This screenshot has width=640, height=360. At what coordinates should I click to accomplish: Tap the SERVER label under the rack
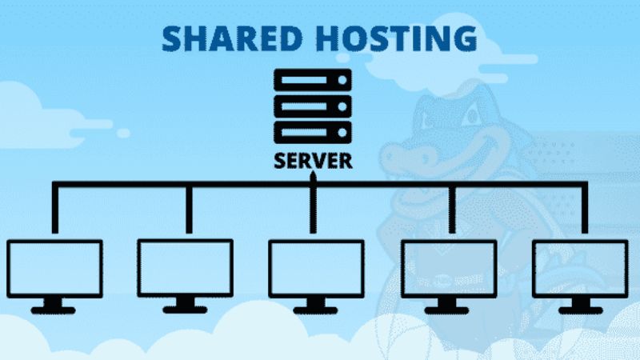point(312,160)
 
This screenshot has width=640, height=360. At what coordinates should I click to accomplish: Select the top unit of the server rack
point(312,80)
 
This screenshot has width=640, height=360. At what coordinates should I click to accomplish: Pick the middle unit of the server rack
point(312,105)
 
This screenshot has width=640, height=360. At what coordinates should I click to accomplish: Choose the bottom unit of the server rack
point(312,130)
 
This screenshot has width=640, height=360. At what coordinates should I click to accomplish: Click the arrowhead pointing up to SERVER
point(313,177)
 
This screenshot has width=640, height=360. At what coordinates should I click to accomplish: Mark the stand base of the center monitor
point(313,309)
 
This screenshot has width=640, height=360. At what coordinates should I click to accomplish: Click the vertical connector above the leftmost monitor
point(54,210)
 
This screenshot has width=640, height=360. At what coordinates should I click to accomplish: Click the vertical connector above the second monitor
point(188,210)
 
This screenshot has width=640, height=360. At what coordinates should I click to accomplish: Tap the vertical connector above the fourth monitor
point(453,210)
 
